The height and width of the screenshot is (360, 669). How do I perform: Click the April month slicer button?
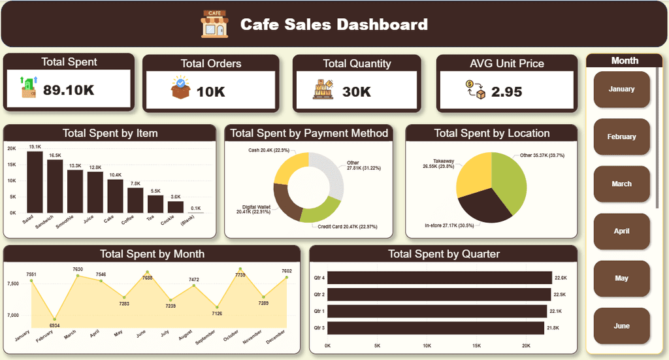pos(621,231)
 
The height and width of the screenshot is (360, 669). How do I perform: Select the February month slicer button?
pos(621,137)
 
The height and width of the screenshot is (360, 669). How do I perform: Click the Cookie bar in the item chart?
pos(175,206)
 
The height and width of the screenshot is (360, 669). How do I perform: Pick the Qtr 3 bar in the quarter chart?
pos(435,327)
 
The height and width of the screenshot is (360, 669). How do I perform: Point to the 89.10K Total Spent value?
pos(69,90)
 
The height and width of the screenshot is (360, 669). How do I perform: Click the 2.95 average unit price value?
pos(506,91)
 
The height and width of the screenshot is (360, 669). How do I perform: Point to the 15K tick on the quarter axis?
pos(476,346)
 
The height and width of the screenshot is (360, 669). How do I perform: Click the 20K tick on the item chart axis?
pos(12,148)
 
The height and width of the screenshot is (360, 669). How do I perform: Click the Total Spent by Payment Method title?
pos(309,133)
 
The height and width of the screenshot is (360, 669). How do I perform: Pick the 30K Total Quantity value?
pos(357,91)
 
